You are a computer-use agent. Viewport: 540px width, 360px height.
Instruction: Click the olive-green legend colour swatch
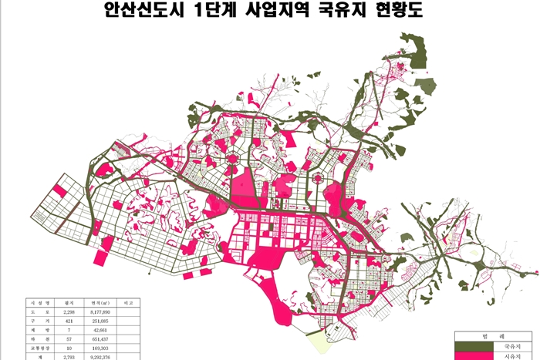coord(471,348)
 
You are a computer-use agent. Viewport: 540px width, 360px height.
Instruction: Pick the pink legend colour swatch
coord(471,356)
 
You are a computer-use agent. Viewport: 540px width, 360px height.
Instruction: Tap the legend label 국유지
coord(515,348)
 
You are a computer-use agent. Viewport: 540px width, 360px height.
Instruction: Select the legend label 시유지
coord(515,356)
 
